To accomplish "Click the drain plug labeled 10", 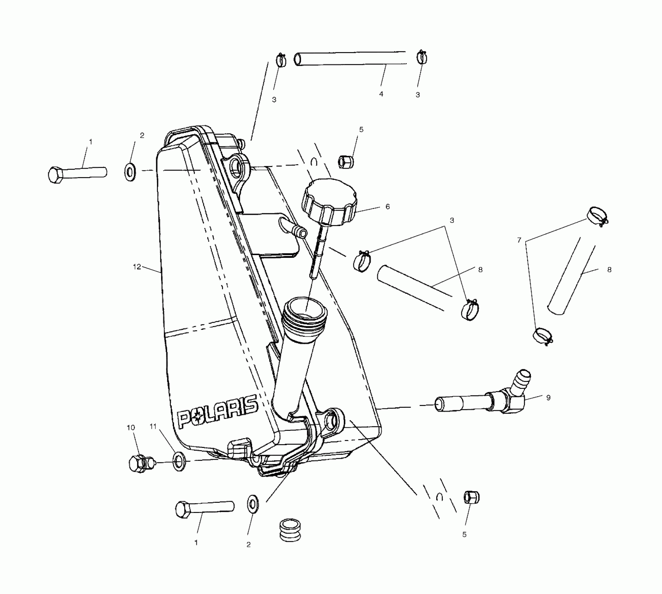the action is point(140,463).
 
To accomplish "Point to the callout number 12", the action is point(137,267).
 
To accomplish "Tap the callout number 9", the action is point(548,397).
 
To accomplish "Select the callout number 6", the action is point(388,207).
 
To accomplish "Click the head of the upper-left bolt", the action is point(55,175).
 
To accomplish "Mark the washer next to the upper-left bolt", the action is point(130,172).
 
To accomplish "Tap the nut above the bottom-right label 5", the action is point(472,498).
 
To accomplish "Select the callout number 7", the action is point(519,240).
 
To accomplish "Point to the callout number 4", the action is point(381,94).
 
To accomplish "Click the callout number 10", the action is point(131,428).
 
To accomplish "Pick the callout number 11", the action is point(153,426).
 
